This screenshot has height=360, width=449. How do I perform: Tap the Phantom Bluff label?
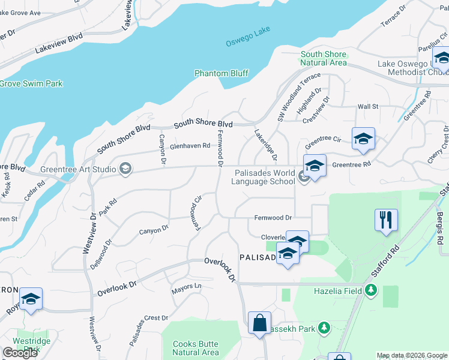point(221,73)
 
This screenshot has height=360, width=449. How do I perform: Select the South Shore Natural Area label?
point(324,58)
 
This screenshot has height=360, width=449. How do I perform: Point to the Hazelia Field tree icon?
point(371,291)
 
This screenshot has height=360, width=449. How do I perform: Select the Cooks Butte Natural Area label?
point(196,348)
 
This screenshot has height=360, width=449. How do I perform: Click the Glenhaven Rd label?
point(190,146)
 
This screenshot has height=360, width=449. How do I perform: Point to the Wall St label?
point(367,107)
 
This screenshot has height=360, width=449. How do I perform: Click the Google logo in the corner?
point(20,353)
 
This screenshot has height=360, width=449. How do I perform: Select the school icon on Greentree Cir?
point(363,139)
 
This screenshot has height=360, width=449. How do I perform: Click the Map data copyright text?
point(411,355)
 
